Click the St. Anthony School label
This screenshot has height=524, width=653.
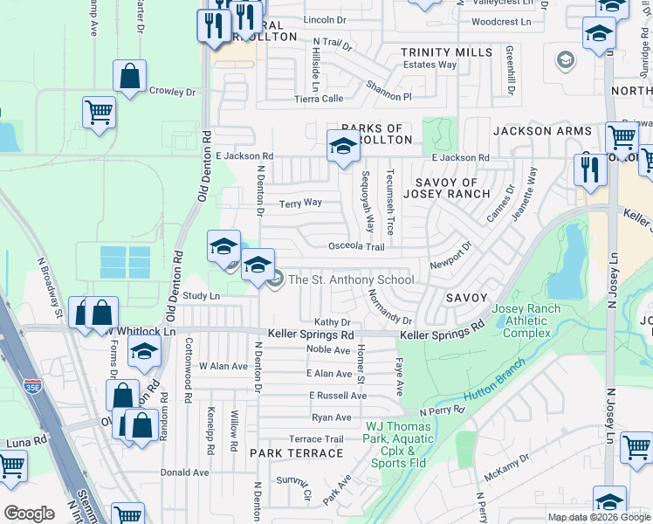(351, 280)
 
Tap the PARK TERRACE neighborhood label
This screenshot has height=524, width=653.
(296, 453)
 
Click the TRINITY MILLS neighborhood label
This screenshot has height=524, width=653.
(446, 53)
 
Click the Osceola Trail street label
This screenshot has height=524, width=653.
(355, 247)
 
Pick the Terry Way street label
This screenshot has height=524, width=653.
(300, 203)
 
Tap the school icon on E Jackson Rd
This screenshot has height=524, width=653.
(343, 147)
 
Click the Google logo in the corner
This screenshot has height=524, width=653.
(29, 514)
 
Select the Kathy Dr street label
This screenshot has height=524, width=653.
(332, 322)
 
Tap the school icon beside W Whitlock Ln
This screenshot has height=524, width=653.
(145, 352)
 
